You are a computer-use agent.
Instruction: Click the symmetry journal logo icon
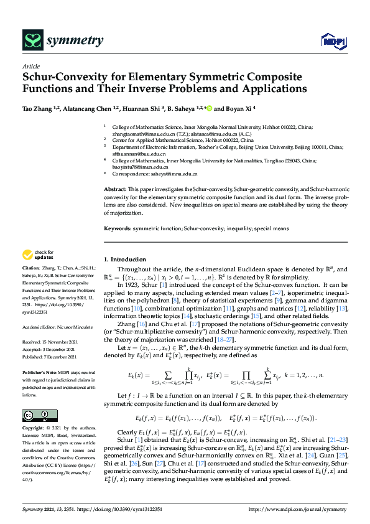(x=32, y=41)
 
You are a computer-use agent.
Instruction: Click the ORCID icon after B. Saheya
(x=208, y=108)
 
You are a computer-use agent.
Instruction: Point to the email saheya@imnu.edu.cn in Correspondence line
(x=176, y=174)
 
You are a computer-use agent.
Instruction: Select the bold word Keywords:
(x=118, y=228)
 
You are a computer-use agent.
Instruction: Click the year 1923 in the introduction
(x=129, y=285)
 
